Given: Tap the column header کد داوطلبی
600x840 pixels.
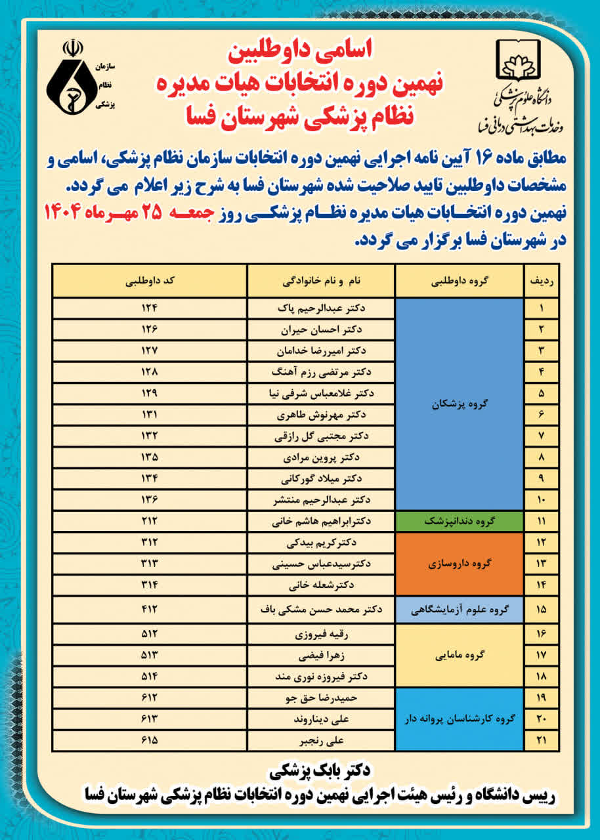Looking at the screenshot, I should [x=150, y=281].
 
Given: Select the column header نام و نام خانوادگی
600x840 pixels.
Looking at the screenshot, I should [x=321, y=281].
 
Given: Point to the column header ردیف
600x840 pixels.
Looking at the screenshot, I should [x=542, y=281].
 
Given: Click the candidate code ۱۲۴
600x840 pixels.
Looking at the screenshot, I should [x=150, y=308].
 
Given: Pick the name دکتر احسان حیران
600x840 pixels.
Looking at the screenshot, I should [x=321, y=329].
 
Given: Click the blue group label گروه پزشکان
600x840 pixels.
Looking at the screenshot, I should [x=460, y=404].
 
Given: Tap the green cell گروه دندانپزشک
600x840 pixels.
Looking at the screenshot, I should [x=460, y=522].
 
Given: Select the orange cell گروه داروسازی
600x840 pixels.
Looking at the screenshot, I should [x=460, y=564].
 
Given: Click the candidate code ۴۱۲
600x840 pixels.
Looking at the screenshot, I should [x=150, y=609].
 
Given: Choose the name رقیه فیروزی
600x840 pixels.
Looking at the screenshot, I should [x=321, y=635].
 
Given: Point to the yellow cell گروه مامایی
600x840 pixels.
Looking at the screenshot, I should [x=460, y=655].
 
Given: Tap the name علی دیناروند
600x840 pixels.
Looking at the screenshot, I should [x=321, y=719].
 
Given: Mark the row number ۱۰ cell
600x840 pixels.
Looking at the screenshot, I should [x=542, y=501].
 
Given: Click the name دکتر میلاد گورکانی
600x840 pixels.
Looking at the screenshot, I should [x=321, y=479].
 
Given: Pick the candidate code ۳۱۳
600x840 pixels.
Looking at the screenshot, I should [x=150, y=564].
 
